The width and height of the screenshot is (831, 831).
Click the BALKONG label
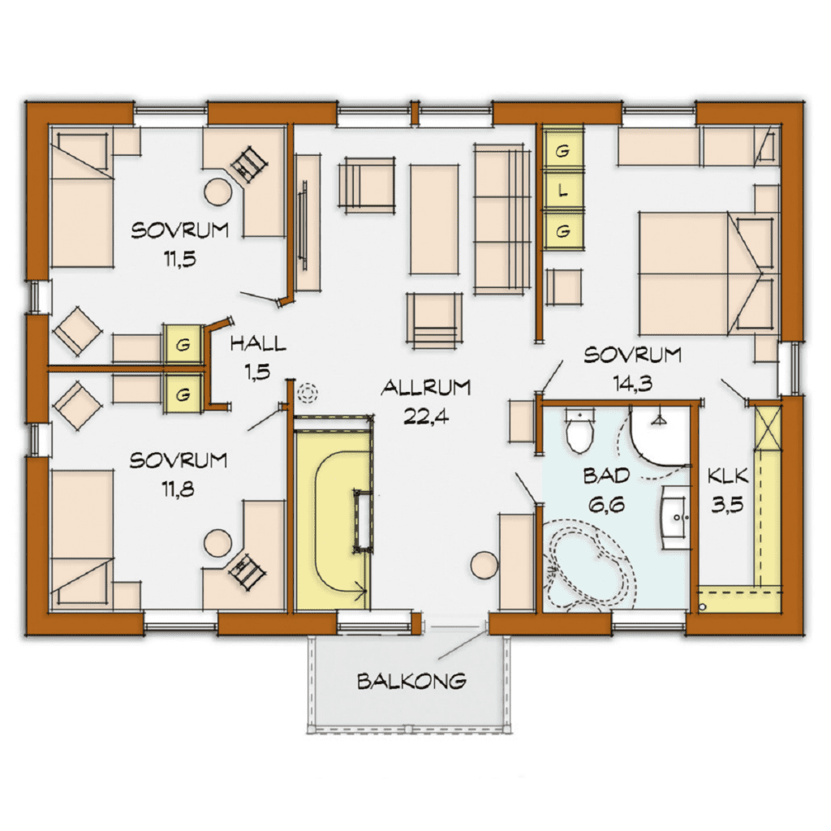point(411,681)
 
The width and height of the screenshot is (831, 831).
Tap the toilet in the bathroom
point(579,429)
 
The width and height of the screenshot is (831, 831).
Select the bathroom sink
point(674,516)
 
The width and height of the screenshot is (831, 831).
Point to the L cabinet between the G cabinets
point(563,192)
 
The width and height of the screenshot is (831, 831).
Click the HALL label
point(258,344)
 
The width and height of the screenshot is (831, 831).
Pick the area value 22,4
point(426,417)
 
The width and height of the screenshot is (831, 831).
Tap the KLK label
point(728,476)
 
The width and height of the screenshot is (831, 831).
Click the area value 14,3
point(632,383)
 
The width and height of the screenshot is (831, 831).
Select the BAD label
point(606,476)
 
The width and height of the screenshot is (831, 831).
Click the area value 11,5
point(179,259)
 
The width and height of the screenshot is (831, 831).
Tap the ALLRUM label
point(426,388)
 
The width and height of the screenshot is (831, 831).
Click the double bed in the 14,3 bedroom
point(708,273)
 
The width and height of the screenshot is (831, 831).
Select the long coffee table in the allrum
point(434,219)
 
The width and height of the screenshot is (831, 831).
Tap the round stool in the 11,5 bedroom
point(218,192)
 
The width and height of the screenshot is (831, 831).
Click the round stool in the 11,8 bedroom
point(218,543)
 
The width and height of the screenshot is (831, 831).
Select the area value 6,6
point(606,505)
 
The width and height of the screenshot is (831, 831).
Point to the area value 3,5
point(727,505)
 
